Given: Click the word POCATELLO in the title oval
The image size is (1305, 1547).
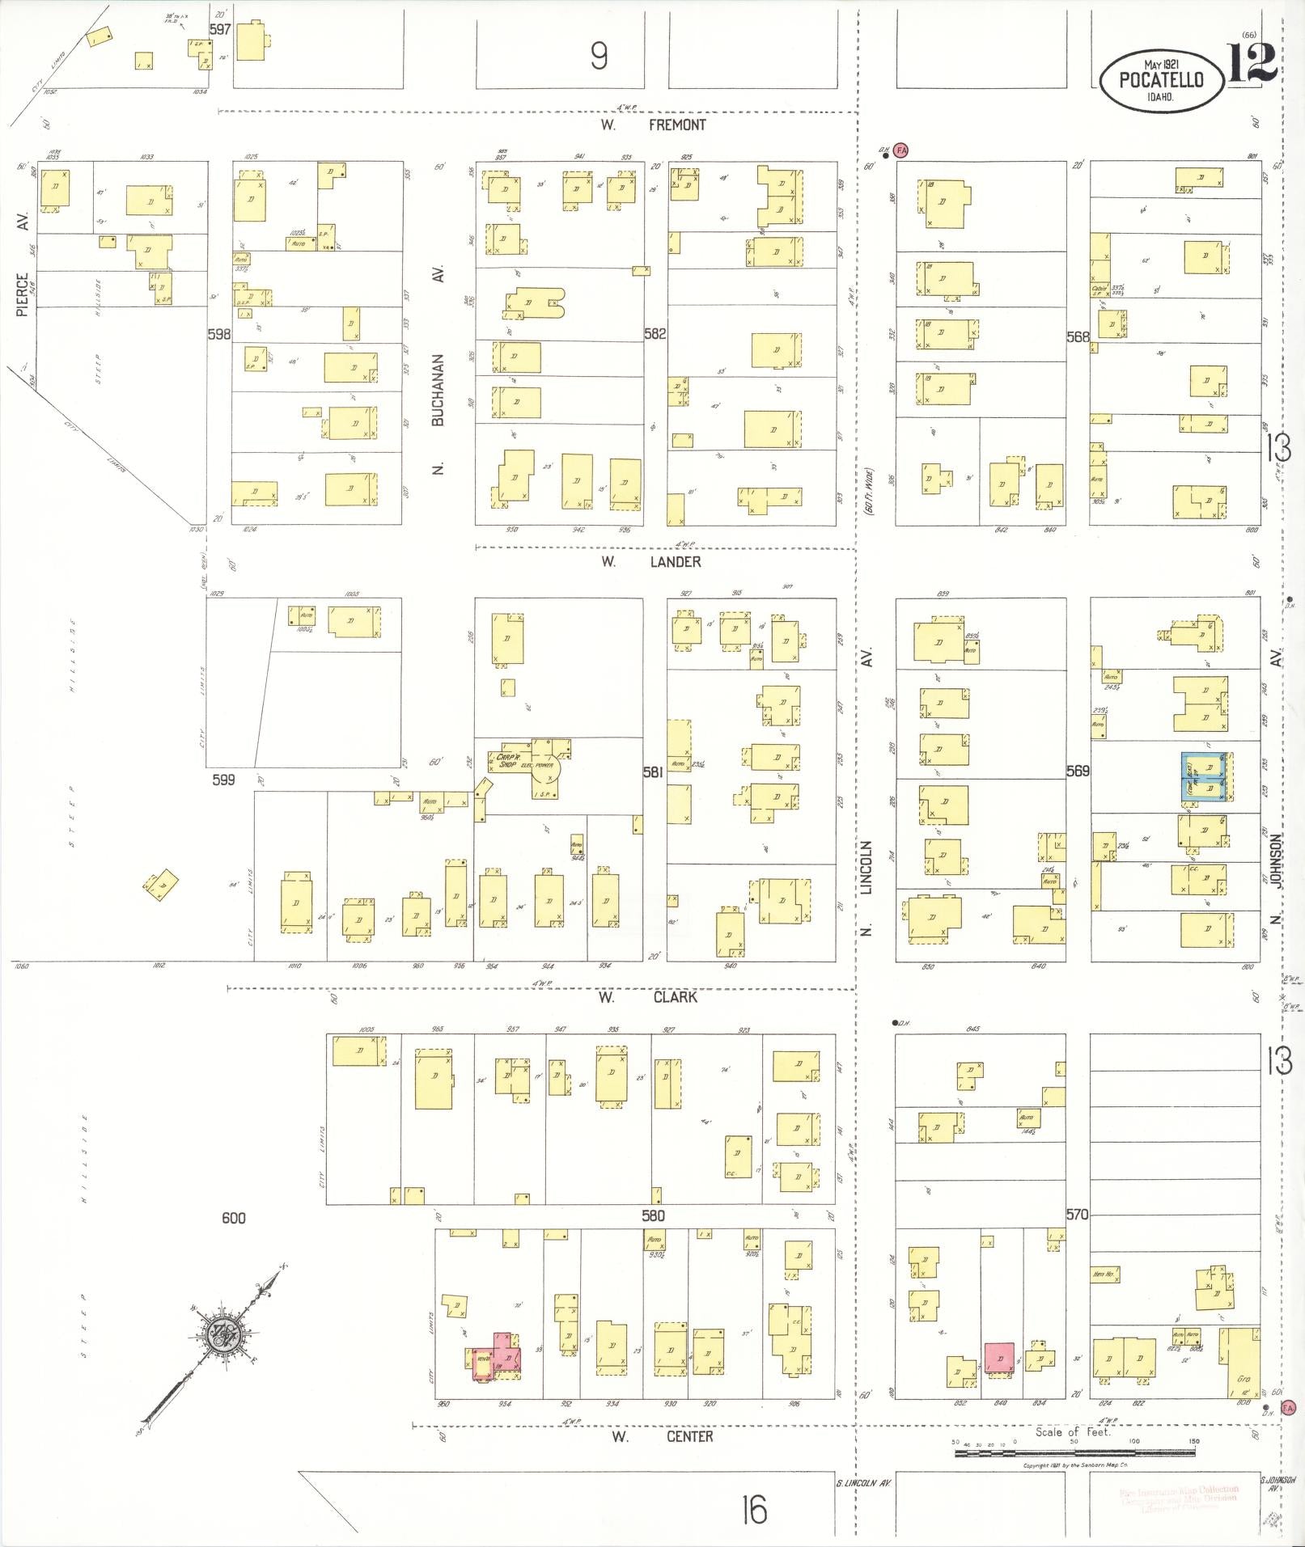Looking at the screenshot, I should tap(1161, 80).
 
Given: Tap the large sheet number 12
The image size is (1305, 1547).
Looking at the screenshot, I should tap(1252, 62).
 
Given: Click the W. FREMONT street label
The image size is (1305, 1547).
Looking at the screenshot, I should tap(654, 125).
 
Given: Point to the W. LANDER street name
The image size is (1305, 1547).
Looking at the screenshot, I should tap(651, 561).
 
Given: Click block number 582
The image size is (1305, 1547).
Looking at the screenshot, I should tap(655, 333).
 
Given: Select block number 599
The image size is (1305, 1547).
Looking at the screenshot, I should tap(223, 780).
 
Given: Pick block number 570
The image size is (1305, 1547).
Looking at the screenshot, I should tap(1077, 1215).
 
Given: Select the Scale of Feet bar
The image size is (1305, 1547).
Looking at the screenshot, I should tap(1074, 1453).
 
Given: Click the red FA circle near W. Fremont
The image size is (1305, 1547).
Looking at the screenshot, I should tap(902, 150).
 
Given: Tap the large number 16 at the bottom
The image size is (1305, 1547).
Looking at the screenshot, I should tap(753, 1509).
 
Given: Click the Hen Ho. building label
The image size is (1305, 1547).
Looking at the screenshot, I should tap(1103, 1275).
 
